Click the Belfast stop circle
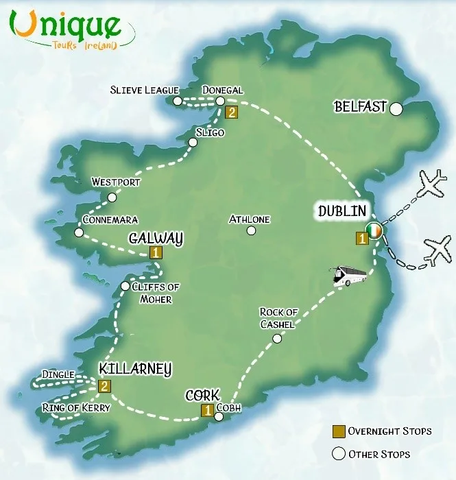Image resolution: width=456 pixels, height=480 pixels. [396, 108]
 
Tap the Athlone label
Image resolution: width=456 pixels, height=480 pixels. [250, 219]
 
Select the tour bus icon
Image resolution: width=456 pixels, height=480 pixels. [350, 276]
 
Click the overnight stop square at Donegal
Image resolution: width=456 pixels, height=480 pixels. [231, 112]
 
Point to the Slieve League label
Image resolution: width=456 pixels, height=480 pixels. [144, 90]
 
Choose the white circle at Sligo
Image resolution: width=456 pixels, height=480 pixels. [193, 143]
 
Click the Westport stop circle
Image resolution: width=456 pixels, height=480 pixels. [112, 197]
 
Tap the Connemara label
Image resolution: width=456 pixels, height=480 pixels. [110, 219]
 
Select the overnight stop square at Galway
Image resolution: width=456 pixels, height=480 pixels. [156, 253]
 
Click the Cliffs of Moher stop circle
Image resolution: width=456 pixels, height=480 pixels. [125, 286]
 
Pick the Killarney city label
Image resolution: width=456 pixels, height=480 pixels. [134, 369]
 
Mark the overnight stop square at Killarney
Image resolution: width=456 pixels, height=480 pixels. [104, 386]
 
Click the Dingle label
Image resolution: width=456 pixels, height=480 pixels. [58, 374]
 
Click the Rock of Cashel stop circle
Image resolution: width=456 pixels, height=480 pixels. [277, 338]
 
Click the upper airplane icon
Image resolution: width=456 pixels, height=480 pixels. [431, 183]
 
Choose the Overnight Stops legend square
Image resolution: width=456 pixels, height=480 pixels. [338, 431]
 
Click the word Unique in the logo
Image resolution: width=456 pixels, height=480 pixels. [69, 25]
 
